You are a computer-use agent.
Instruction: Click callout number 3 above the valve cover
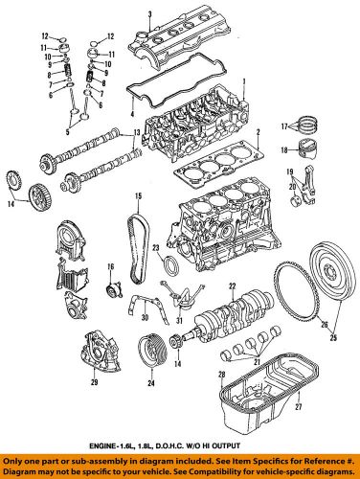pos(149,11)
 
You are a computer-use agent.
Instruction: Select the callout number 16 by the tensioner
pos(109,265)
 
